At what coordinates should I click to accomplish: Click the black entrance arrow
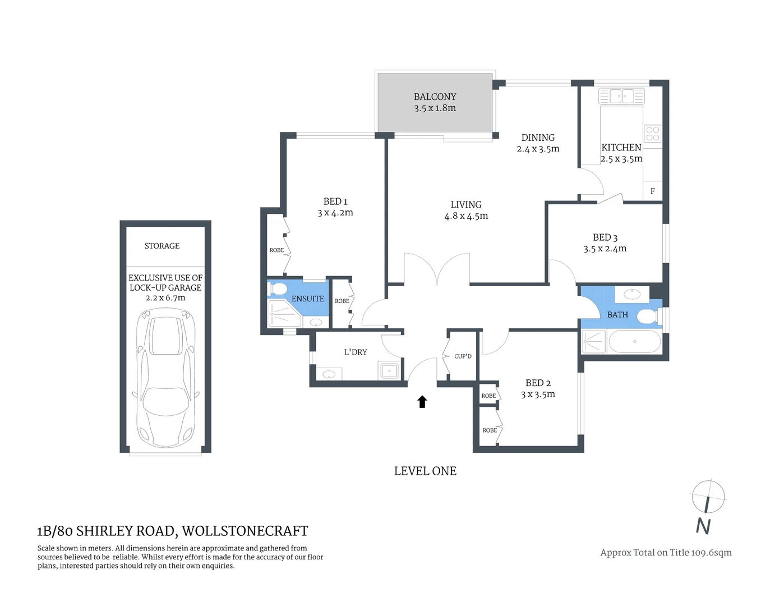point(422,401)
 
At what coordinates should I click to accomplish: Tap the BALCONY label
point(435,97)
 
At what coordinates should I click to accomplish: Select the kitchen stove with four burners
point(653,134)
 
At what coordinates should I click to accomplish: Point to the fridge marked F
point(652,191)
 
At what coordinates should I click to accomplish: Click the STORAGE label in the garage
point(162,246)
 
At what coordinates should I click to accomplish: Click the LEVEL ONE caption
point(425,471)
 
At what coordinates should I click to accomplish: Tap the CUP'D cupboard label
point(463,356)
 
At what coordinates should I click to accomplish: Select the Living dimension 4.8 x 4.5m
point(466,216)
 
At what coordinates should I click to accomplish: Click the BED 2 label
point(538,383)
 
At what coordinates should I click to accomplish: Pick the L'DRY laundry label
point(356,352)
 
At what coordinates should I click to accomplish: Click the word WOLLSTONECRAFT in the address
point(245,531)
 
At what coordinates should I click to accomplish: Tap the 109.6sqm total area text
point(711,552)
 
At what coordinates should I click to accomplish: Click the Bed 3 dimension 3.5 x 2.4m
point(605,249)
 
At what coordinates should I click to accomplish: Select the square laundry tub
point(389,370)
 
